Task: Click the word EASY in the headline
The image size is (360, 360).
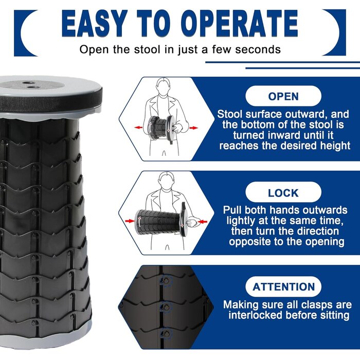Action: pos(95,24)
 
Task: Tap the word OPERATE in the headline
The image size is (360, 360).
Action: pos(240,24)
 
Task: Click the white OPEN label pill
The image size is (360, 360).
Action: pos(283,96)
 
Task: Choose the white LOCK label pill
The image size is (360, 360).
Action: pos(283,192)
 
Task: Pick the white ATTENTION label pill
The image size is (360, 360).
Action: pos(283,287)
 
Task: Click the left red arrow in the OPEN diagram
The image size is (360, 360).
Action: pos(138,128)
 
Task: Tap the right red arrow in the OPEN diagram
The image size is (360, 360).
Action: pos(194,128)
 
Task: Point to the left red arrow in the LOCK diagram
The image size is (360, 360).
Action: pos(130,221)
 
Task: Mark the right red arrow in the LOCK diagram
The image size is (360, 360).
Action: pos(203,222)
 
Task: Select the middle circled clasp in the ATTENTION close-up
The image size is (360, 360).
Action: pos(166,307)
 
